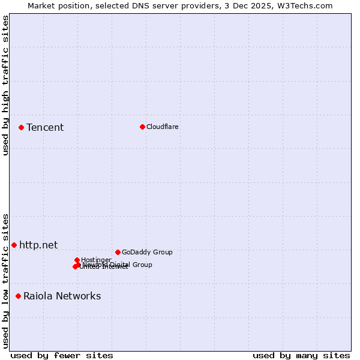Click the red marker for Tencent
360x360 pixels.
tap(21, 127)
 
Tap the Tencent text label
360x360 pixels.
tap(45, 127)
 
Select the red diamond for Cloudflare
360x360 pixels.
tap(142, 127)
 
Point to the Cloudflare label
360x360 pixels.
tap(163, 127)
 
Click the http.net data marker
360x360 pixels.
tap(14, 245)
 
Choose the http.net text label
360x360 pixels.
tap(38, 245)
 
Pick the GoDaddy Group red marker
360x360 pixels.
tap(118, 252)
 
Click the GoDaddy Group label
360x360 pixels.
tap(147, 252)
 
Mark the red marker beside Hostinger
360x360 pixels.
tap(77, 260)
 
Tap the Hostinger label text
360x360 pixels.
tap(96, 260)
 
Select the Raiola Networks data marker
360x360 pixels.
tap(18, 296)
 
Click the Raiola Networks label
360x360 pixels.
tap(62, 296)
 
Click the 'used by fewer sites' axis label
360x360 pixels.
tap(62, 355)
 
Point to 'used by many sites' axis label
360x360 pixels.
tap(301, 355)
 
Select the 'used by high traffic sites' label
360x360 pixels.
tap(5, 85)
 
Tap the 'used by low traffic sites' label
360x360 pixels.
tap(5, 281)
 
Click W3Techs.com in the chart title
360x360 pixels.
tap(308, 5)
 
